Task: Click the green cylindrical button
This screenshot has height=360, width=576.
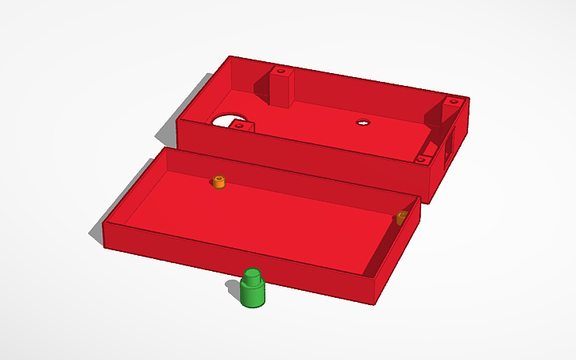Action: [x=253, y=292]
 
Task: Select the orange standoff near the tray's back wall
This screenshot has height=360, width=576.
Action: [x=220, y=183]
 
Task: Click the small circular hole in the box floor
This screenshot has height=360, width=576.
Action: [x=363, y=122]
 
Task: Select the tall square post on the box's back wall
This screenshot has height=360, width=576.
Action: [x=280, y=87]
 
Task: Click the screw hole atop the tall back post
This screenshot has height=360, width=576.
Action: [x=280, y=72]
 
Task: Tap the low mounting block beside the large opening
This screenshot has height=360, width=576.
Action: [x=242, y=126]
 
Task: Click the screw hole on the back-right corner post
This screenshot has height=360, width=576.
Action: [x=453, y=102]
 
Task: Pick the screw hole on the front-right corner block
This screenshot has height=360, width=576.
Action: [x=422, y=160]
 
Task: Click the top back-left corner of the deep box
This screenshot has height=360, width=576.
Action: [x=230, y=57]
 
